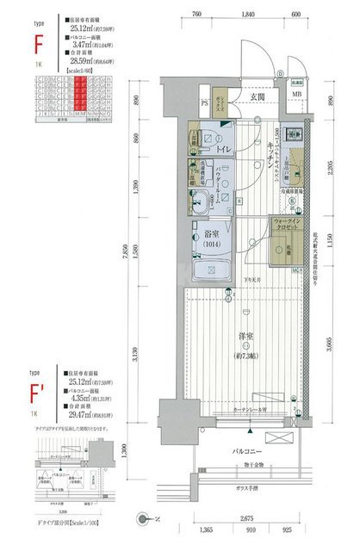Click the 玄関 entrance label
click(258, 96)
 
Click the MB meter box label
click(296, 96)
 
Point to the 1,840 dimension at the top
click(249, 15)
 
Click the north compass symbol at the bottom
click(144, 518)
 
